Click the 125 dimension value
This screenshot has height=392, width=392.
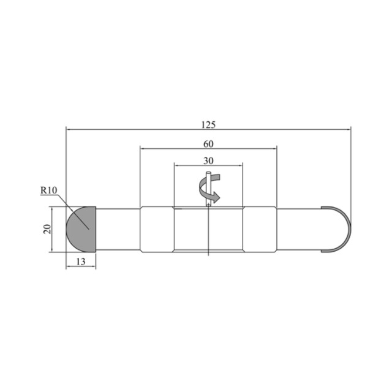pyautogui.click(x=208, y=124)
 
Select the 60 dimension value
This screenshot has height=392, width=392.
pyautogui.click(x=208, y=144)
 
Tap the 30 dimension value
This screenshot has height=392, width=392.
pyautogui.click(x=208, y=160)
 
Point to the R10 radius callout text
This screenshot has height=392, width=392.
pyautogui.click(x=49, y=190)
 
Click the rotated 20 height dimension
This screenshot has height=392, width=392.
pyautogui.click(x=47, y=229)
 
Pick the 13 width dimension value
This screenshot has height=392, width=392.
pyautogui.click(x=81, y=262)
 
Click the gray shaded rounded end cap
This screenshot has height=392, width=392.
pyautogui.click(x=81, y=229)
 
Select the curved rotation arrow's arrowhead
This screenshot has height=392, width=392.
pyautogui.click(x=216, y=197)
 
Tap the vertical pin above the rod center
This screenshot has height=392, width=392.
pyautogui.click(x=208, y=189)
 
